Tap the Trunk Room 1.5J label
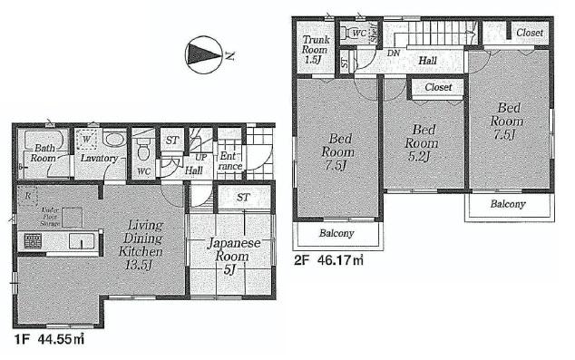click(x=315, y=48)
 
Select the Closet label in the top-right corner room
click(x=530, y=33)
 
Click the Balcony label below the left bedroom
click(x=336, y=234)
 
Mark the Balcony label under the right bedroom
click(x=508, y=204)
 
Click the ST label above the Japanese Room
click(x=244, y=197)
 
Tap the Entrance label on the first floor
click(x=229, y=161)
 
